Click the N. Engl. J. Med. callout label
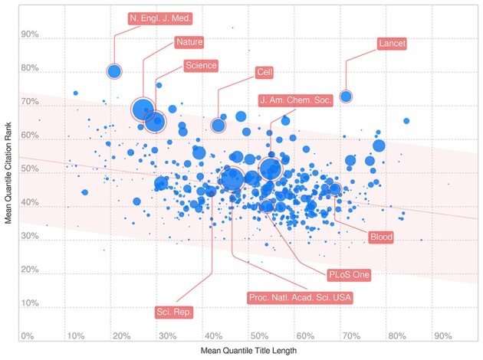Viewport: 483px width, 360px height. (161, 17)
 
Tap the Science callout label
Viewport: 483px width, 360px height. (201, 65)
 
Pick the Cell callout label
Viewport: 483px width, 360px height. (264, 73)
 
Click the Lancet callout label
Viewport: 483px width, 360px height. (392, 44)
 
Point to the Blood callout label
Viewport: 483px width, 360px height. (381, 237)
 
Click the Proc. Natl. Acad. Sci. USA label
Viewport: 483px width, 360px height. (299, 297)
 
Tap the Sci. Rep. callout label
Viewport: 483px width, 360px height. (174, 312)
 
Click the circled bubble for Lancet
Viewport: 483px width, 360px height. (346, 97)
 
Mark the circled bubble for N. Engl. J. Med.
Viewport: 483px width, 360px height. (114, 71)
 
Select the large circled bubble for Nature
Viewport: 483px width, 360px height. (143, 110)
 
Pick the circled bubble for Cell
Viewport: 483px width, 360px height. (219, 126)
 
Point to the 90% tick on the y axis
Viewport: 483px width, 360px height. (30, 34)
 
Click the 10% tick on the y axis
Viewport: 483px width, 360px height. (30, 304)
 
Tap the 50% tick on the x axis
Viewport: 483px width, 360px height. (260, 336)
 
